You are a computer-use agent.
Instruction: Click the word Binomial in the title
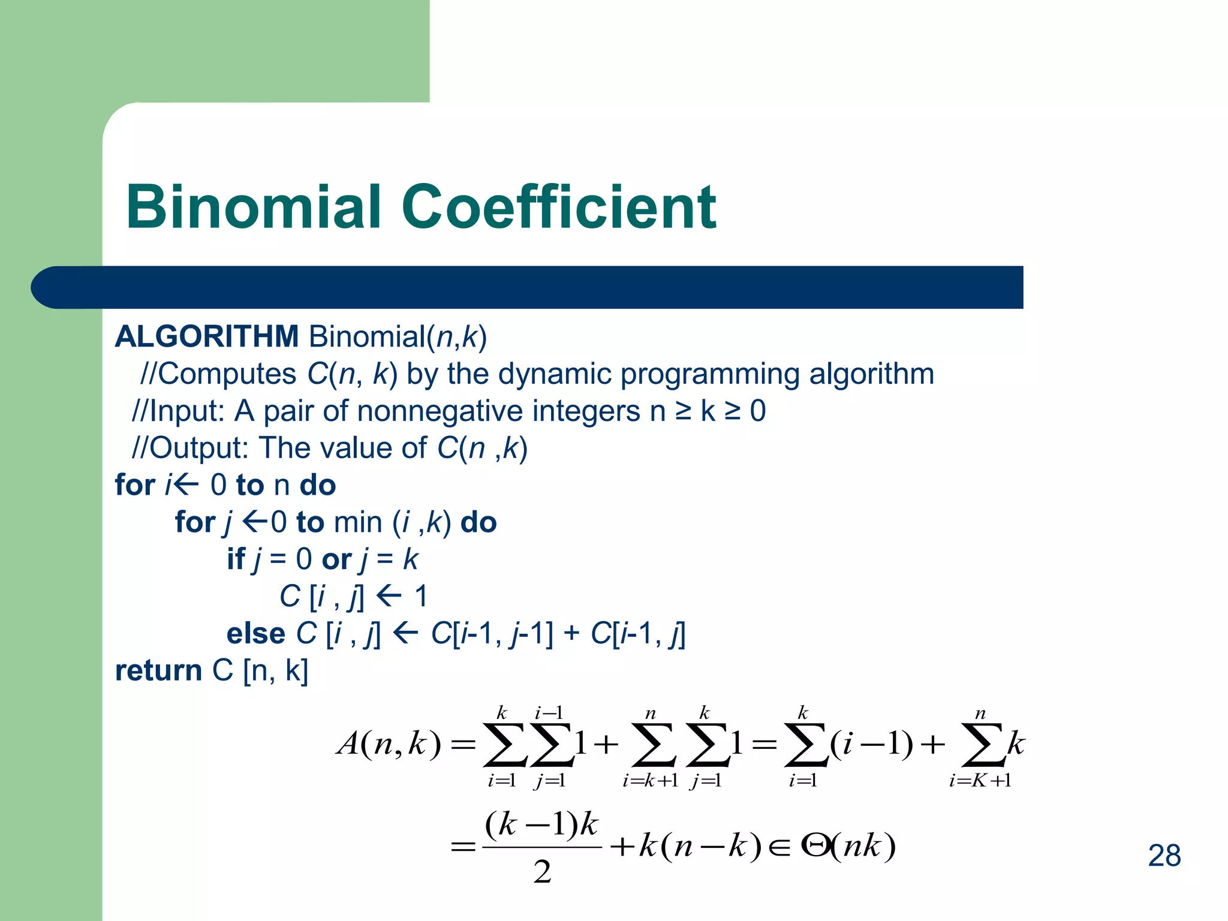pos(254,207)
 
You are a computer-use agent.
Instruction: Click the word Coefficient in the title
pos(559,207)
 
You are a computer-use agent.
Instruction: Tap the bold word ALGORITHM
pos(207,336)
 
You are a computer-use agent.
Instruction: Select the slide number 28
pos(1164,856)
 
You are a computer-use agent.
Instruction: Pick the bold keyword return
pos(158,670)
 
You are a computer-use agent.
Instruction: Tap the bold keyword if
pos(236,559)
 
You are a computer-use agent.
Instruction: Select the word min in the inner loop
pos(358,522)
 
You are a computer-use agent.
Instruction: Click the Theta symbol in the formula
pos(815,846)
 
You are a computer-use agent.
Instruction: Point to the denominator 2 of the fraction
pos(542,872)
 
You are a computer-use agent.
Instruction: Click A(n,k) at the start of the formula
pos(389,745)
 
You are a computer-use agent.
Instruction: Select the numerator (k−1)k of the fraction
pos(541,825)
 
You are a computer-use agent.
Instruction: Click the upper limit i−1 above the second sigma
pos(549,713)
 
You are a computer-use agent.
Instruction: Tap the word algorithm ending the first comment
pos(872,374)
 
